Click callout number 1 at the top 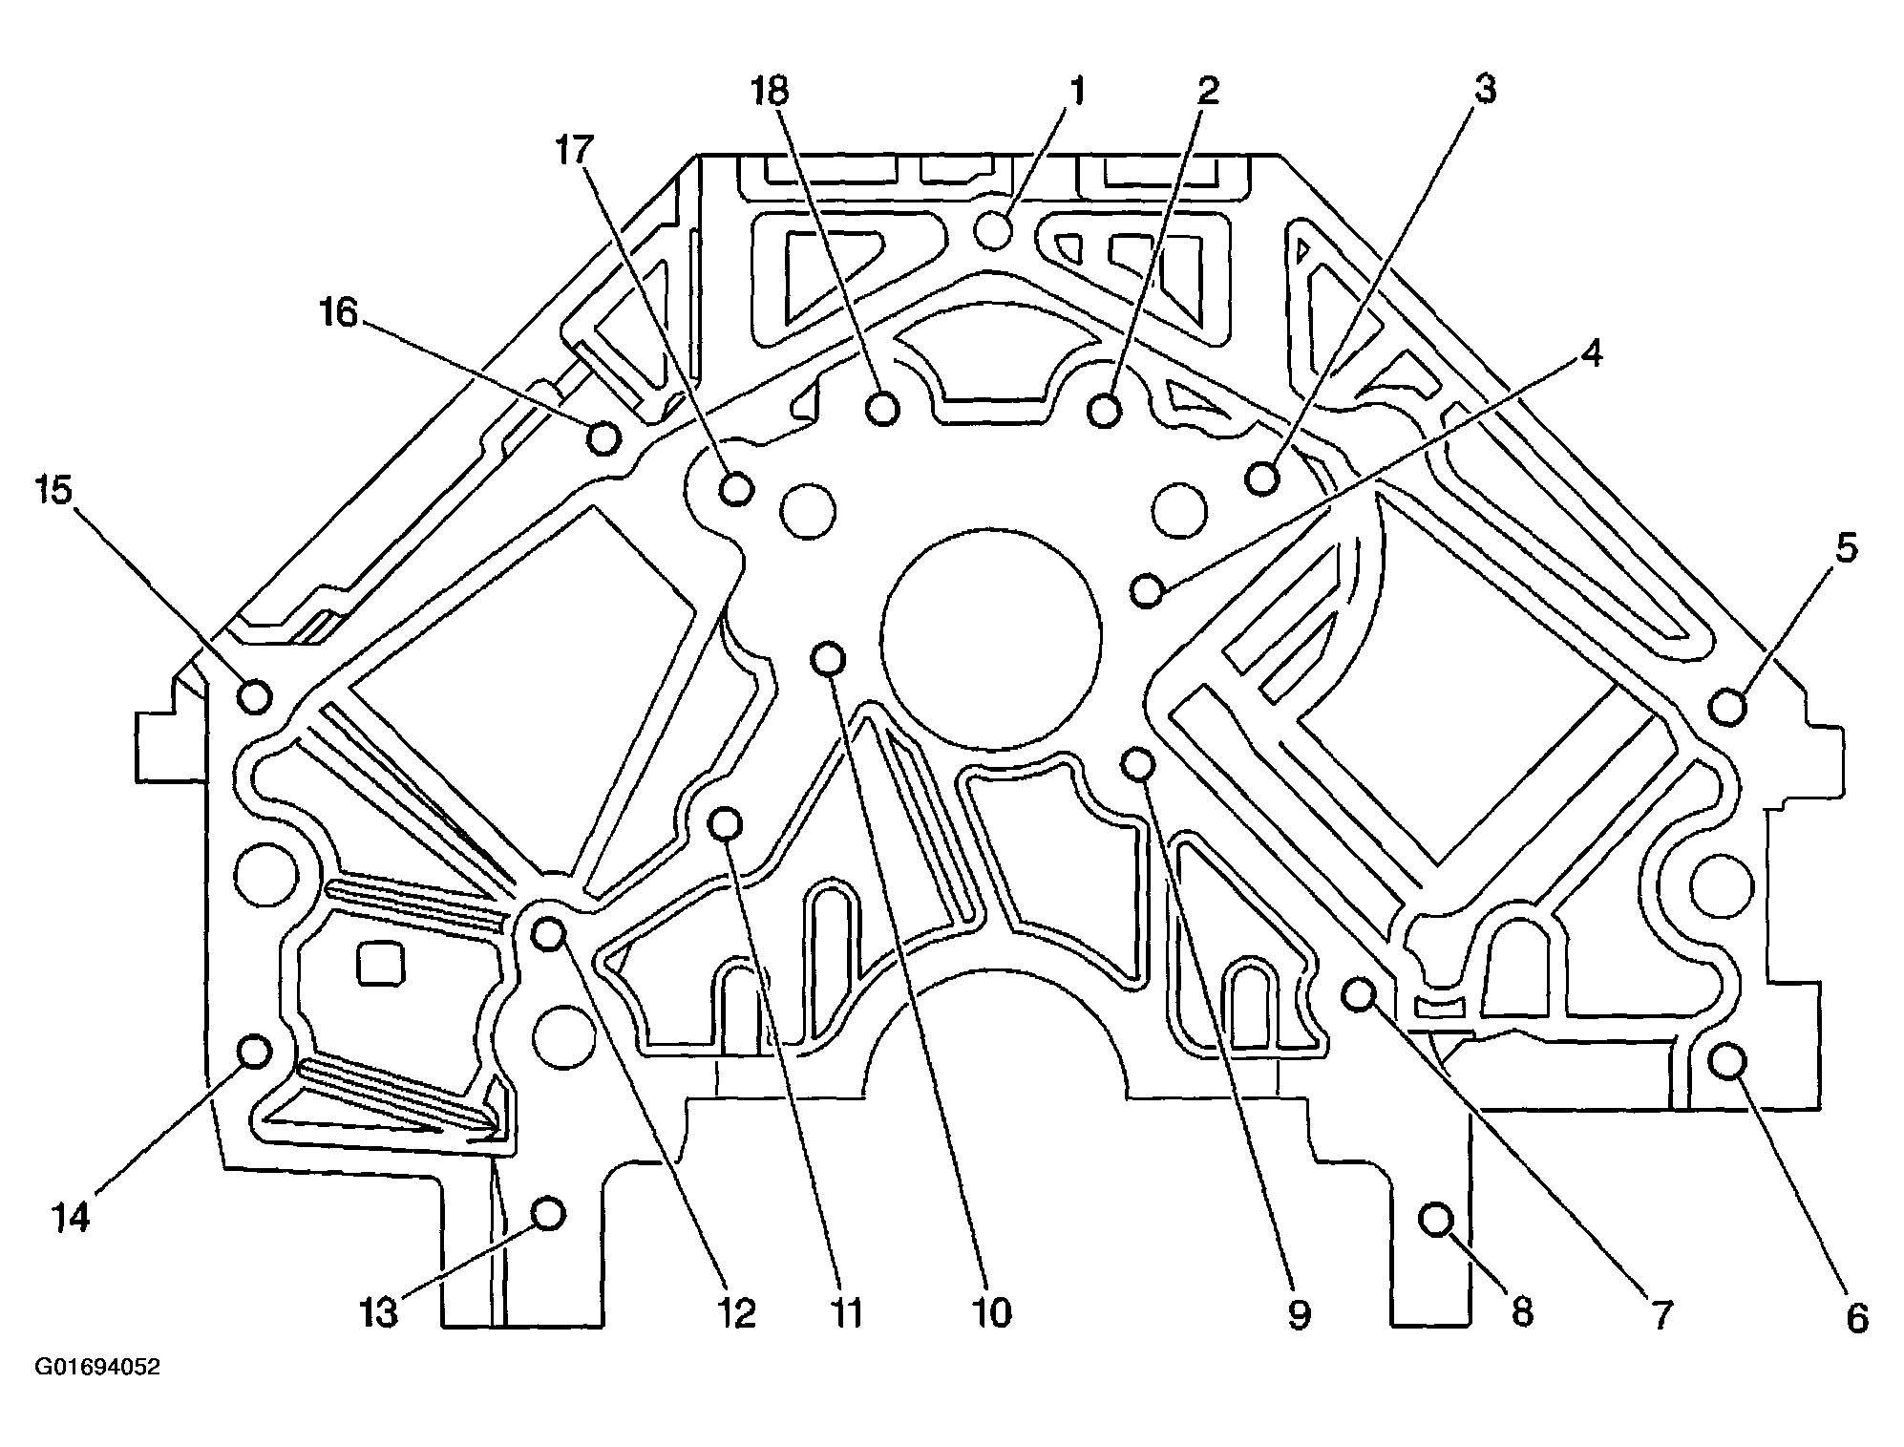click(x=1076, y=92)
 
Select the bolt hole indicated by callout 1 click(x=995, y=230)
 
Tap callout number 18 click(x=770, y=92)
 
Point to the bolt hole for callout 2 click(x=1105, y=411)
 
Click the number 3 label click(x=1484, y=90)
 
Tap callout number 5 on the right click(x=1845, y=550)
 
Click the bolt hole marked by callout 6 click(x=1728, y=1060)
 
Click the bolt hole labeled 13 click(x=548, y=1214)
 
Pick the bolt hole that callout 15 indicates click(x=255, y=696)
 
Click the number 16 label click(x=338, y=313)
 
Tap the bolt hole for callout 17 click(x=736, y=489)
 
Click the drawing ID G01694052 click(x=97, y=1368)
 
